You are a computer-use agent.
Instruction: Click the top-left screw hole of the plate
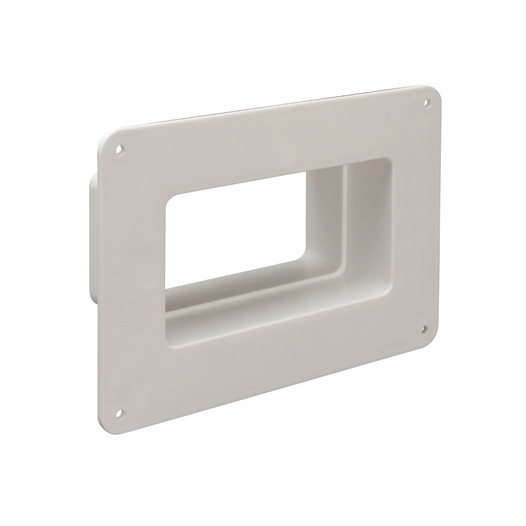120,149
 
